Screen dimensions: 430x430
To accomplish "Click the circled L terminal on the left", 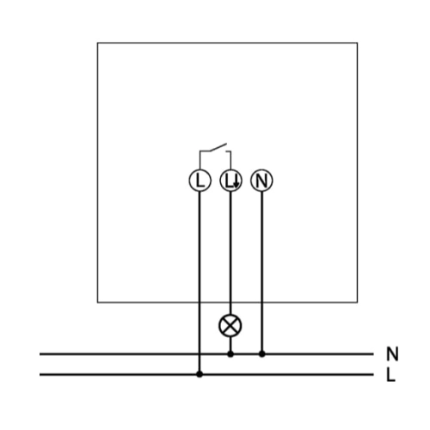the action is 200,181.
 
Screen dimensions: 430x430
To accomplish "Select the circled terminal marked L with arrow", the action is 230,181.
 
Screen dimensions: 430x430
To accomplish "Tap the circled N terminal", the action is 261,181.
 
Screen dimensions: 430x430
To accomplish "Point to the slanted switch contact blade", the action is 218,147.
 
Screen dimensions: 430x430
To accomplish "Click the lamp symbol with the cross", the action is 230,326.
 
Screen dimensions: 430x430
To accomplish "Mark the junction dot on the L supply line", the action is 200,374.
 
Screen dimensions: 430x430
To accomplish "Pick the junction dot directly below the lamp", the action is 230,354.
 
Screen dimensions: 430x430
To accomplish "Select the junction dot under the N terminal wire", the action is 261,354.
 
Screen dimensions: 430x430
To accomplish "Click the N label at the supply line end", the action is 392,353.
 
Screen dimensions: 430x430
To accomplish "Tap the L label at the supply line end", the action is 390,375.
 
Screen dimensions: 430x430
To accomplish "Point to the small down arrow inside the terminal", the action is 236,182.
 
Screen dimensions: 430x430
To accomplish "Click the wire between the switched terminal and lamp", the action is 230,253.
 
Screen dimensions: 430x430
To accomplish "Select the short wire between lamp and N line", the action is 230,344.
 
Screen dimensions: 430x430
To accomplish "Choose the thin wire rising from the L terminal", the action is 200,160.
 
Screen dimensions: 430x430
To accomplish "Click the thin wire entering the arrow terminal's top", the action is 230,160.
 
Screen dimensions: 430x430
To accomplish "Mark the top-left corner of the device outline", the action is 97,43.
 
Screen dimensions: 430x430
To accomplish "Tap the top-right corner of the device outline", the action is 357,43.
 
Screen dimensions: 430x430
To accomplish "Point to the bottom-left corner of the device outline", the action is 97,303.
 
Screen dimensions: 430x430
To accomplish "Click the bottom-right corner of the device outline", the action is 357,303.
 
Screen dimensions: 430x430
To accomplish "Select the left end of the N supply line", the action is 40,354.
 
